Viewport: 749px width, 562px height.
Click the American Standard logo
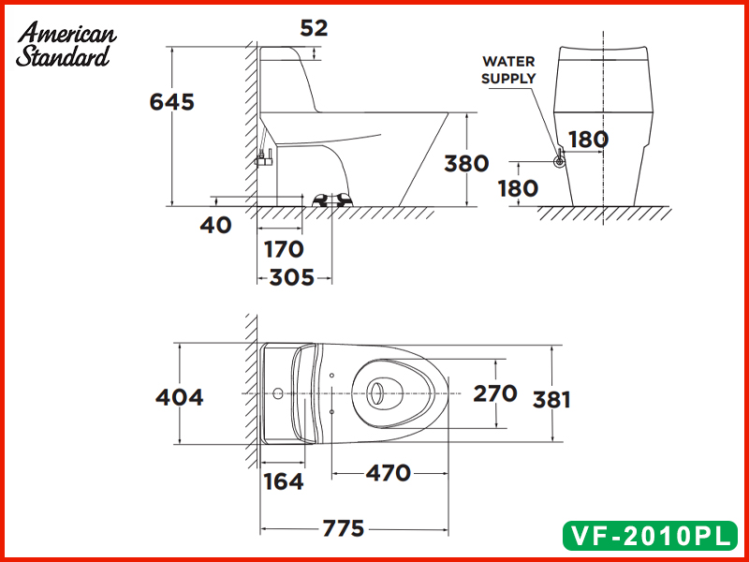tap(66, 44)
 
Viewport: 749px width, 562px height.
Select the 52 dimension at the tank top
tap(315, 28)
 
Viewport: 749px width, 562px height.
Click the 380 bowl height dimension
tap(466, 163)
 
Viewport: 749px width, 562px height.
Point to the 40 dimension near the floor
tap(215, 226)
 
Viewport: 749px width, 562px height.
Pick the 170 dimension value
tap(284, 249)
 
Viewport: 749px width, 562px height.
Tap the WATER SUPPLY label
tap(508, 70)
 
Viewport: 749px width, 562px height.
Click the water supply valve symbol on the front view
tap(559, 160)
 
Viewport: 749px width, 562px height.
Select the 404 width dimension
tap(179, 397)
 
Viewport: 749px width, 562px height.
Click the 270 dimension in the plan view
tap(494, 393)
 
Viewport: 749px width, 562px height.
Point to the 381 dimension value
tap(551, 399)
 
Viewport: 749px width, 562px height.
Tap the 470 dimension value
tap(388, 473)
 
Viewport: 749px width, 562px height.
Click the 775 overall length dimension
tap(343, 529)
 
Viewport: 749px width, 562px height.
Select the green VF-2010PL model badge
tap(647, 536)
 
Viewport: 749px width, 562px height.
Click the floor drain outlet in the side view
tap(331, 200)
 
